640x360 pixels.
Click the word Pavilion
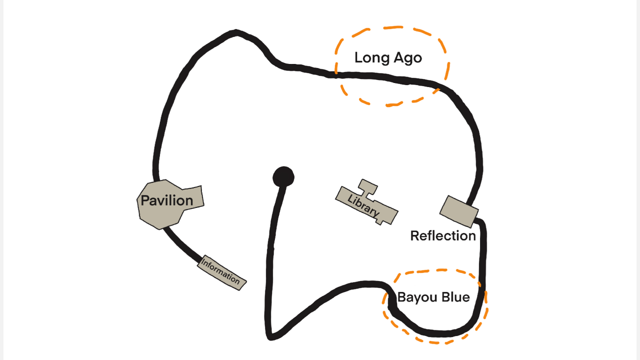(x=166, y=200)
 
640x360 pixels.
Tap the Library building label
(x=363, y=205)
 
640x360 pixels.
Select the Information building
(x=221, y=272)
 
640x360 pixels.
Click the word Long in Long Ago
(x=370, y=58)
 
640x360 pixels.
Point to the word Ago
(x=408, y=58)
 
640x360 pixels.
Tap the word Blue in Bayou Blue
(x=455, y=297)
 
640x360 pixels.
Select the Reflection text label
(x=442, y=235)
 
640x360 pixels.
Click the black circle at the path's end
(x=283, y=177)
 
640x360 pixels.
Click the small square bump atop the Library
(x=368, y=186)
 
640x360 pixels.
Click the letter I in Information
(x=203, y=261)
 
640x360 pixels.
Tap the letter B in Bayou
(x=401, y=297)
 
